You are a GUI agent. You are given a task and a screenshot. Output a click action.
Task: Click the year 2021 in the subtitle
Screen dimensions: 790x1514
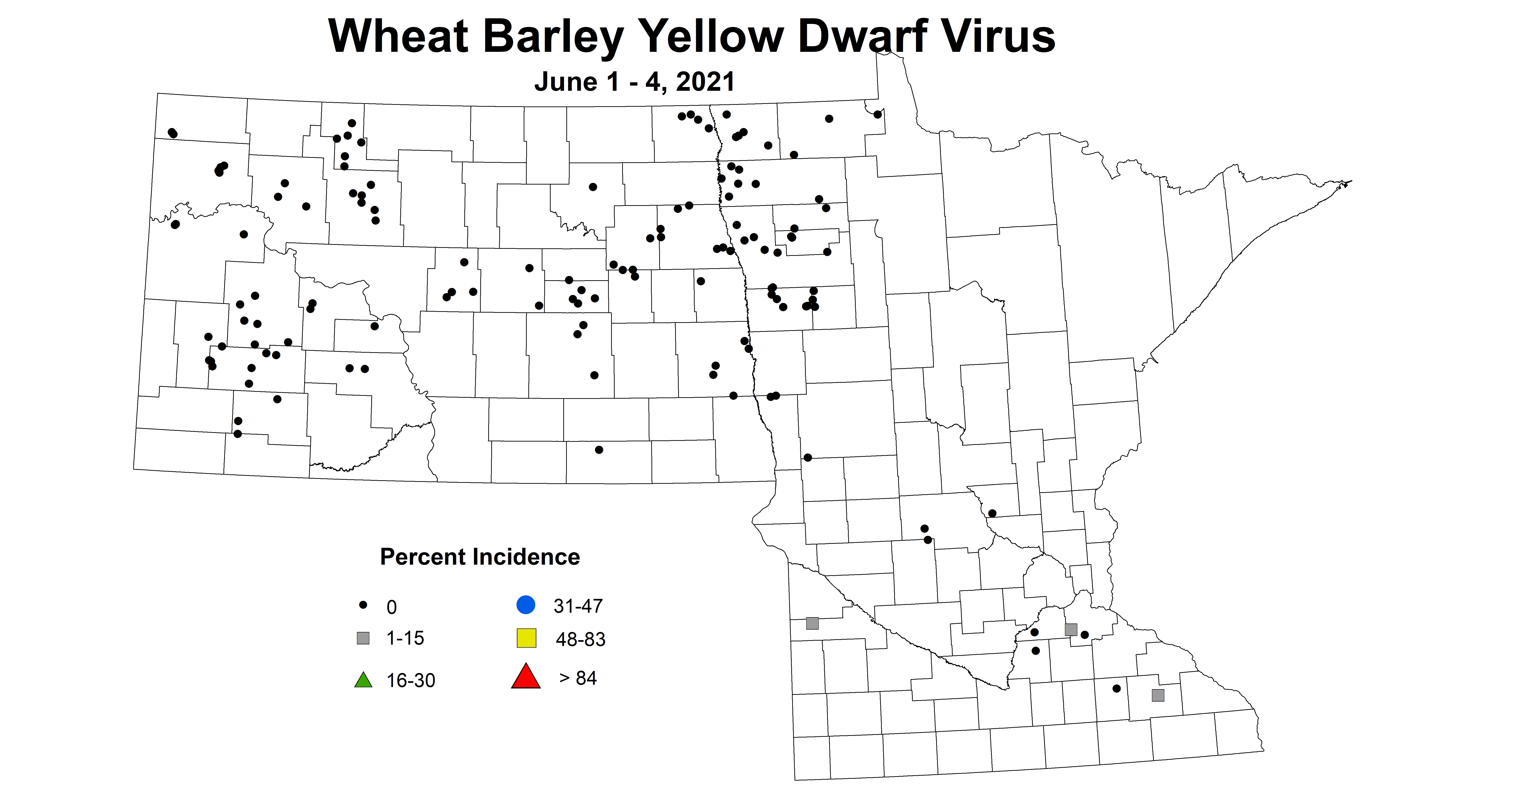click(x=705, y=82)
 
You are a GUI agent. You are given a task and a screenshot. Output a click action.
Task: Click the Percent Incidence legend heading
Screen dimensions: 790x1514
click(x=480, y=557)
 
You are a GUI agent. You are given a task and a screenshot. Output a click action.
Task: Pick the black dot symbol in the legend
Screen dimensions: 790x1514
click(x=363, y=604)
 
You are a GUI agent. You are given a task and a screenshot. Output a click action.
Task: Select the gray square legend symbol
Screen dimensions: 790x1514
click(x=363, y=638)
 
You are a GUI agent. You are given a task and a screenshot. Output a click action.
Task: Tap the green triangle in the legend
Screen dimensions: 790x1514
click(x=363, y=680)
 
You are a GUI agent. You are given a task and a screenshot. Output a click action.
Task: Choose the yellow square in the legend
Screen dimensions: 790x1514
click(x=526, y=638)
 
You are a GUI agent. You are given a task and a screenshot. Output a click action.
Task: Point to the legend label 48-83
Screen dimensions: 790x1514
click(x=580, y=639)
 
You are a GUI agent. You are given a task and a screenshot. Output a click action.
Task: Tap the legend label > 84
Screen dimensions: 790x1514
click(x=578, y=678)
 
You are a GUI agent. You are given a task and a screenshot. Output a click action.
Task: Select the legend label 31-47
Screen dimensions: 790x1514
click(x=578, y=606)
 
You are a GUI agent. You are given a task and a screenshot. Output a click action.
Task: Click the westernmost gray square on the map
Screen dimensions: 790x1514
click(x=812, y=623)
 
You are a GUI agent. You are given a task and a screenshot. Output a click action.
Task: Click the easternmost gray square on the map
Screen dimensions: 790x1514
click(x=1158, y=695)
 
